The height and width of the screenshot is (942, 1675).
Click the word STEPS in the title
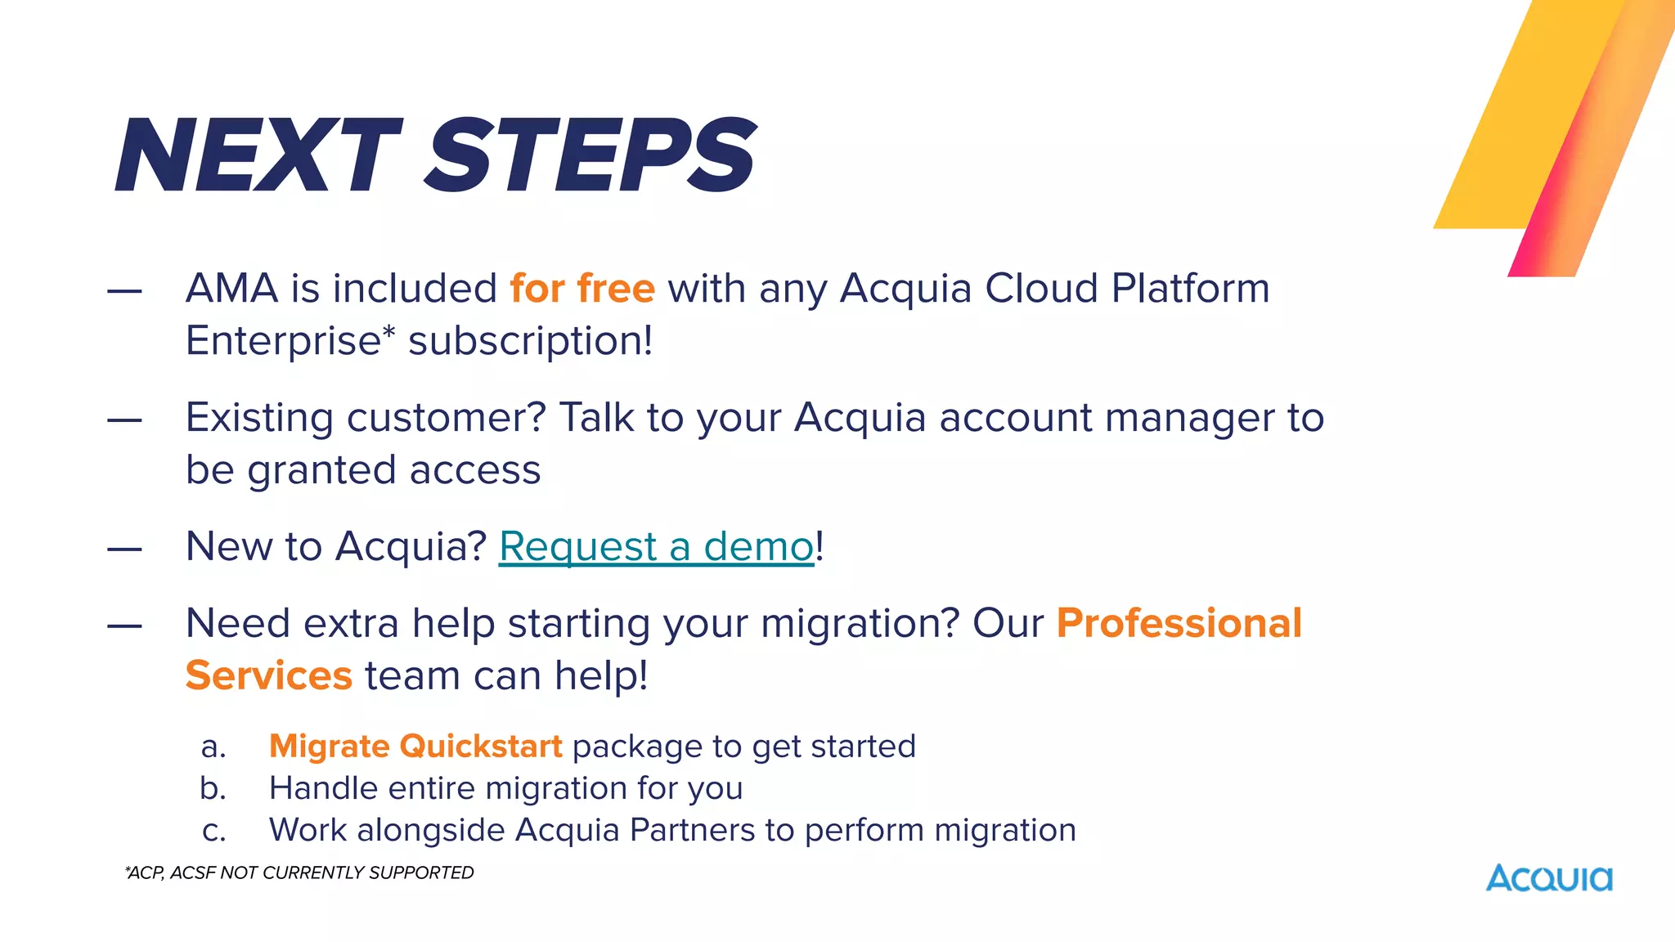click(591, 155)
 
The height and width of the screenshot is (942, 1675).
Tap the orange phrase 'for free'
click(582, 289)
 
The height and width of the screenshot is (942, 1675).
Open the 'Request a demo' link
click(656, 546)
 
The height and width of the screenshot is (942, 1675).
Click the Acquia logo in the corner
click(1549, 878)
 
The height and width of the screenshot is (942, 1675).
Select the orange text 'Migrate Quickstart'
click(415, 746)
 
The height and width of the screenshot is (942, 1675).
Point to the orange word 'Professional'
click(1179, 623)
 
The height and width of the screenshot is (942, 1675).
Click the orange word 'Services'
click(268, 675)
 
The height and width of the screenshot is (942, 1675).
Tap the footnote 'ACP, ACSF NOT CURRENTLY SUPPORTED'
click(299, 872)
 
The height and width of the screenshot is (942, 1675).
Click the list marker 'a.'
click(213, 747)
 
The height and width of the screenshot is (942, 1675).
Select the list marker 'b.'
click(213, 788)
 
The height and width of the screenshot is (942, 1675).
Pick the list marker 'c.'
click(213, 831)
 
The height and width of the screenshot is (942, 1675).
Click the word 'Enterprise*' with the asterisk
click(290, 340)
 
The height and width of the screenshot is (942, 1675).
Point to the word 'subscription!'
click(531, 342)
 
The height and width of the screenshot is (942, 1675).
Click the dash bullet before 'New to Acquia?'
click(124, 549)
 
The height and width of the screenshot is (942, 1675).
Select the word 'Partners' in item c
click(693, 830)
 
